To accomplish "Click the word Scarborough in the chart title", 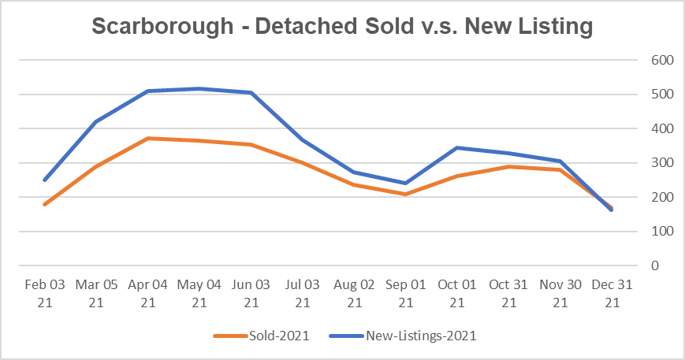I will point(162,27).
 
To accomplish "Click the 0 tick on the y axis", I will point(653,266).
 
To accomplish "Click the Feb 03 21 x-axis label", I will point(45,293).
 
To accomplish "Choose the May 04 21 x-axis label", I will point(199,293).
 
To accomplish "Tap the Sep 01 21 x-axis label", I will point(405,293).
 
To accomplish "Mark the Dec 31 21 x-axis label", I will point(611,293).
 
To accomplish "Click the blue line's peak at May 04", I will point(199,88).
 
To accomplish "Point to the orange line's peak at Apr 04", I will point(148,139).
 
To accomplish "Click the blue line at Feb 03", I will point(45,180).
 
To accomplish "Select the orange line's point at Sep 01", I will point(405,194).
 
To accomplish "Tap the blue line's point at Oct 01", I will point(456,147).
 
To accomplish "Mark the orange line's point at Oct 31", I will point(508,166).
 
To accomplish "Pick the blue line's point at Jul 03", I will point(302,139).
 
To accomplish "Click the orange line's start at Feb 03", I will point(45,205).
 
